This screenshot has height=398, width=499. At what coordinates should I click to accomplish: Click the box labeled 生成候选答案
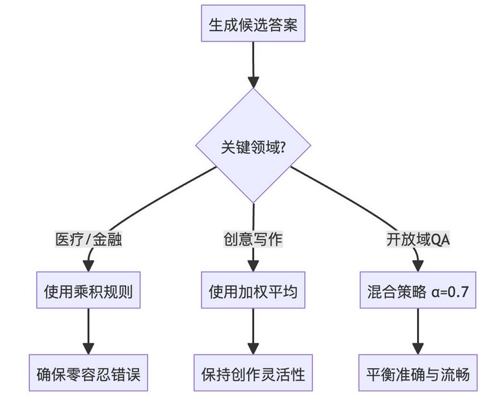pos(253,23)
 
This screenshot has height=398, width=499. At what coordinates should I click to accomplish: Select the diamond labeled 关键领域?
pos(253,145)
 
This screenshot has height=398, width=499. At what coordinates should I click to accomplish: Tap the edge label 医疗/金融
pos(88,239)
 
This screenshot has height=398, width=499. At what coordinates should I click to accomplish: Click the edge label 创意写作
pos(253,239)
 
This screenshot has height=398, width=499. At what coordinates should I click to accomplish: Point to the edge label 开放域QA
pos(418,239)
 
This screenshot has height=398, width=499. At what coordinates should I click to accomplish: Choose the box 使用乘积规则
pos(88,290)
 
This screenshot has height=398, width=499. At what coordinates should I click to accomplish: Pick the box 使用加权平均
pos(253,290)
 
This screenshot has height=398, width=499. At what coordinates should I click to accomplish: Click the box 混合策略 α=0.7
pos(418,290)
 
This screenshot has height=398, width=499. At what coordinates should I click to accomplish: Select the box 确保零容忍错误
pos(88,373)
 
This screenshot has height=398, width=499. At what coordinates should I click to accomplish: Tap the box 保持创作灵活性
pos(253,373)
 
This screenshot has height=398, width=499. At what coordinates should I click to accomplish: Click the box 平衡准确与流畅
pos(418,373)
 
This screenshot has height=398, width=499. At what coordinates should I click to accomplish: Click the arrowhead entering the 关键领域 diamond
pos(253,82)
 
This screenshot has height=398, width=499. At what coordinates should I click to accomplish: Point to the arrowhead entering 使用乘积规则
pos(88,266)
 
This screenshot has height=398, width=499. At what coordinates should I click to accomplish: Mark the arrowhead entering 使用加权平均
pos(253,266)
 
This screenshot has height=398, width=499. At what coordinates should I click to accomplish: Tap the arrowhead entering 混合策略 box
pos(418,266)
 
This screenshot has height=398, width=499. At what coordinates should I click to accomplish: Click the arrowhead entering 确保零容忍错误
pos(88,349)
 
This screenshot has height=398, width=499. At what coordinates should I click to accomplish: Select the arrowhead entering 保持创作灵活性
pos(253,349)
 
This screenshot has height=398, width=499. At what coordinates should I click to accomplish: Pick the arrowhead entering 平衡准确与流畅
pos(418,349)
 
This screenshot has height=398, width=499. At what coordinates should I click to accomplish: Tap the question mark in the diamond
pos(281,147)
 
